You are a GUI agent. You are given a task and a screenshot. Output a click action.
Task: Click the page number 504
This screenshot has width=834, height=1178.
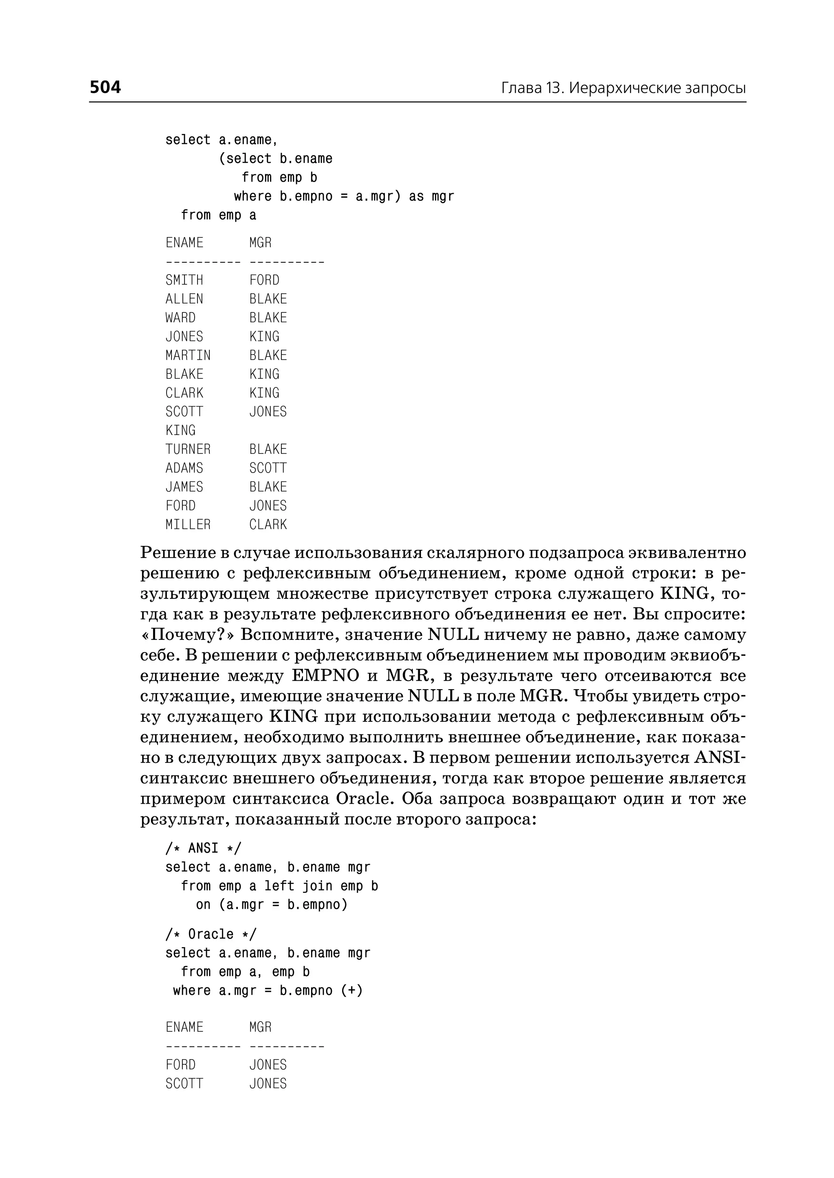point(105,87)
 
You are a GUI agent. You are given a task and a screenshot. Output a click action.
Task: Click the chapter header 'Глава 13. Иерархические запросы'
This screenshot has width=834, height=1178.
point(623,88)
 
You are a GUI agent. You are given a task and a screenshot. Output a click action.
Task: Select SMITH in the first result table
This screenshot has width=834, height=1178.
point(184,281)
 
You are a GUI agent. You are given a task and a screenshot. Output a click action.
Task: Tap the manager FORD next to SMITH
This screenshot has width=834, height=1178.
point(264,281)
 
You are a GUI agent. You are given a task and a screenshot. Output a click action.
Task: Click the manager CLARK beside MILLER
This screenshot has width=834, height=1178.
point(268,525)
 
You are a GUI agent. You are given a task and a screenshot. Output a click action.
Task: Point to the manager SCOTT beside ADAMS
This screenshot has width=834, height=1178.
point(268,468)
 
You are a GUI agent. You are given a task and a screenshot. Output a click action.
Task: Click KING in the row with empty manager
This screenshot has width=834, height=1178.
point(180,431)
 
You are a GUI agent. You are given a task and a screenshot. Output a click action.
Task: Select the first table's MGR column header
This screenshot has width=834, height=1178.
point(260,243)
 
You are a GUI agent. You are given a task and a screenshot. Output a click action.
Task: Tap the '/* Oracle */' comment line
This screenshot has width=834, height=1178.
point(211,934)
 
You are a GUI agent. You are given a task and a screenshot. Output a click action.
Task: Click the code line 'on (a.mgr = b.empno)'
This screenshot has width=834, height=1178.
point(272,905)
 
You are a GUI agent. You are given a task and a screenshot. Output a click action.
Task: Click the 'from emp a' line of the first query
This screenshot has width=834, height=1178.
point(218,215)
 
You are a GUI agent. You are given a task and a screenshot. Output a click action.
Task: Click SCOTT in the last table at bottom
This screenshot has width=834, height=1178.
point(184,1084)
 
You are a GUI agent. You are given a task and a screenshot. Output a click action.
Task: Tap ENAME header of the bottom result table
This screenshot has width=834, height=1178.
point(184,1027)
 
